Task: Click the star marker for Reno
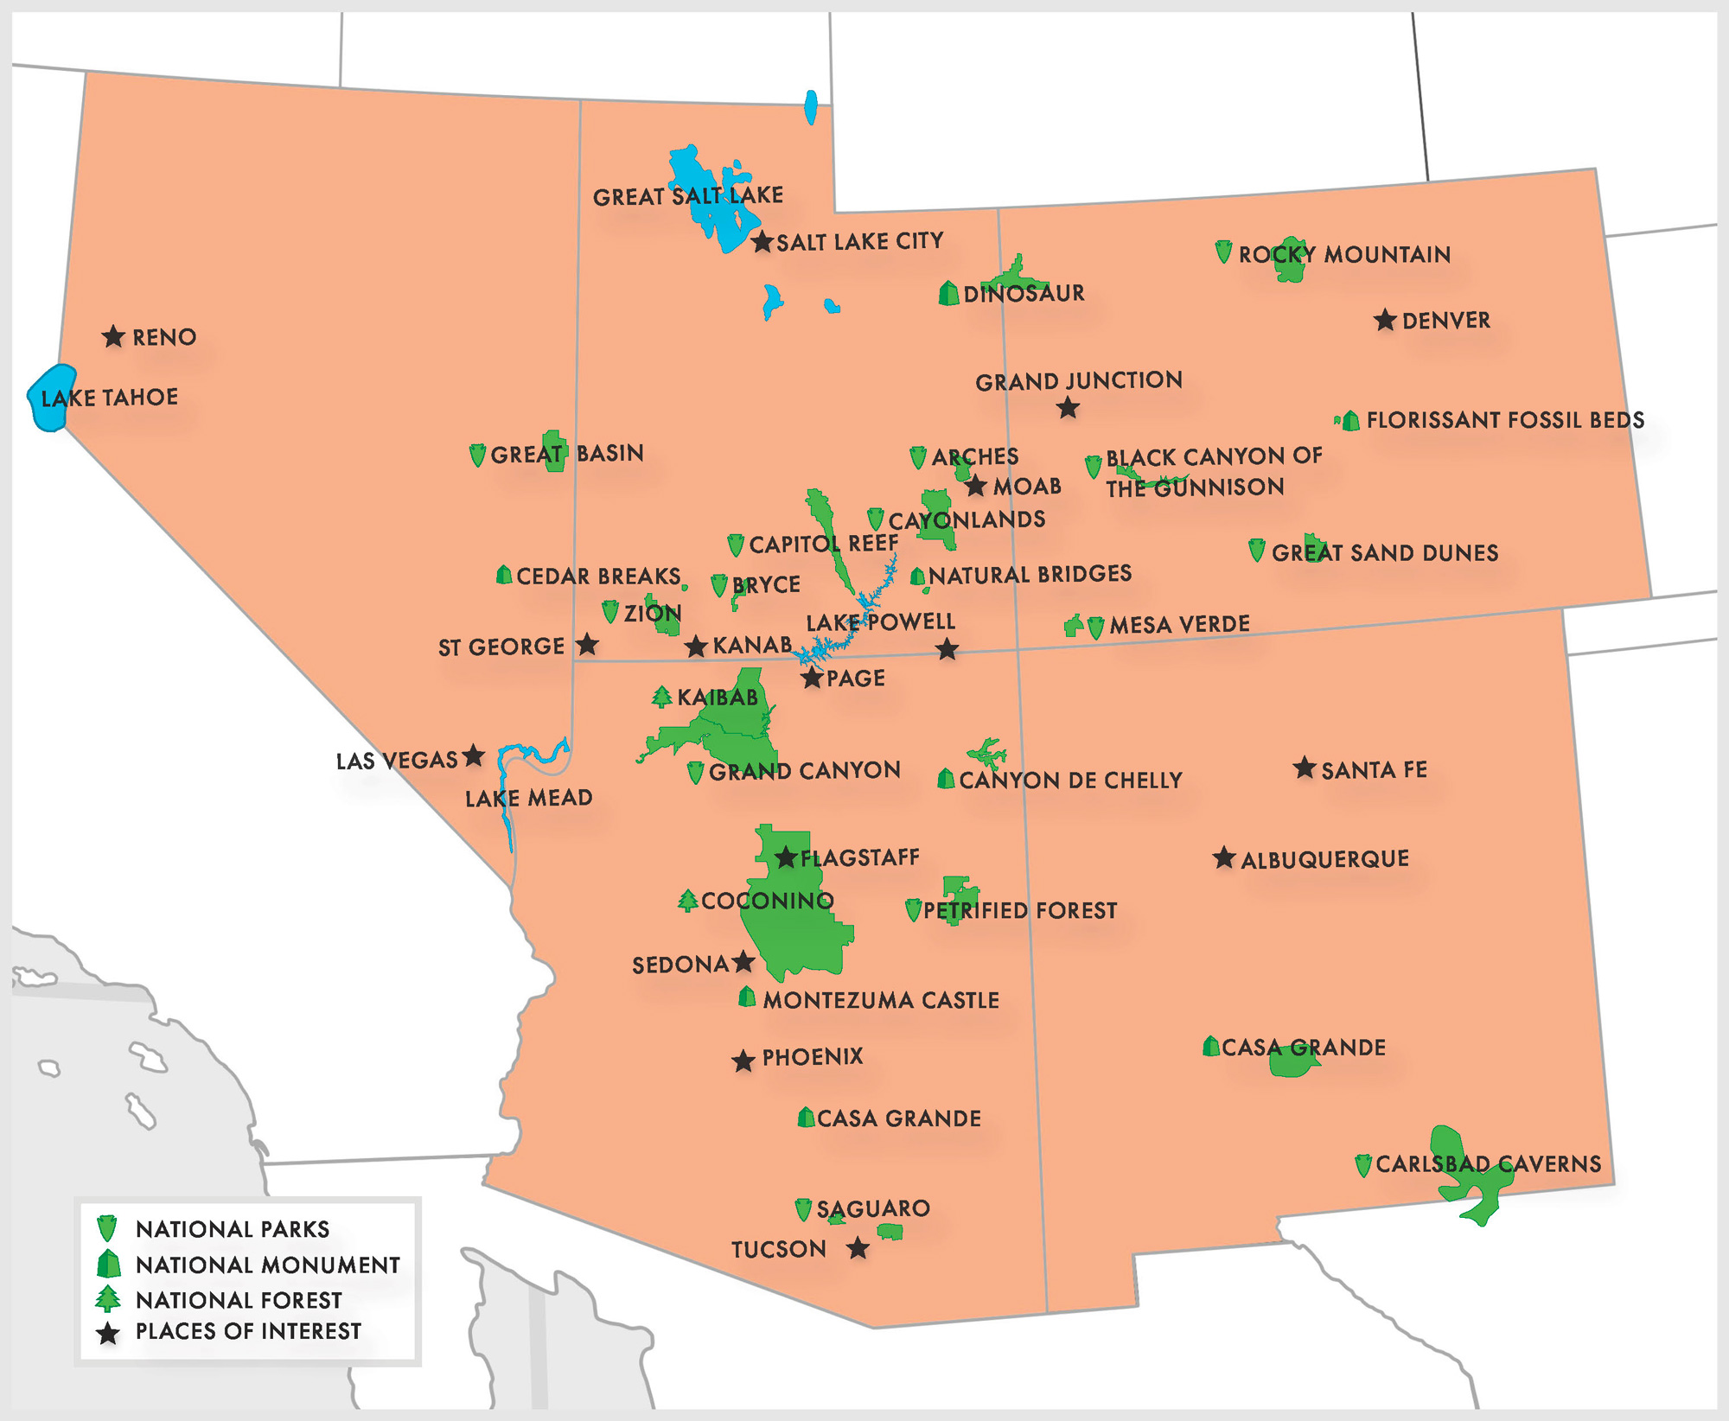(113, 336)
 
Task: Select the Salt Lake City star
(762, 242)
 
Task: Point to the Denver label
(1446, 321)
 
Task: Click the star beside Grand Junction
(1069, 408)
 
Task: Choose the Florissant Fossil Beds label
(1505, 420)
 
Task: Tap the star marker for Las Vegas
(473, 756)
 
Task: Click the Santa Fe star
(1305, 768)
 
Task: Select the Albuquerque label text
(1324, 859)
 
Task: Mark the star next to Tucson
(858, 1248)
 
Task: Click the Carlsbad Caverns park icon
(1363, 1165)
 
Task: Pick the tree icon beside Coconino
(688, 901)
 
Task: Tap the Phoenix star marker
(743, 1061)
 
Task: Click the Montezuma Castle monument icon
(748, 997)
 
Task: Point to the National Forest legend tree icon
(108, 1298)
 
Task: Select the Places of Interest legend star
(108, 1334)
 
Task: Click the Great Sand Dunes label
(1385, 553)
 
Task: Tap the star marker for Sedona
(743, 962)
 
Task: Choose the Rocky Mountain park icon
(1223, 252)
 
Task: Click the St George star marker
(588, 644)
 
